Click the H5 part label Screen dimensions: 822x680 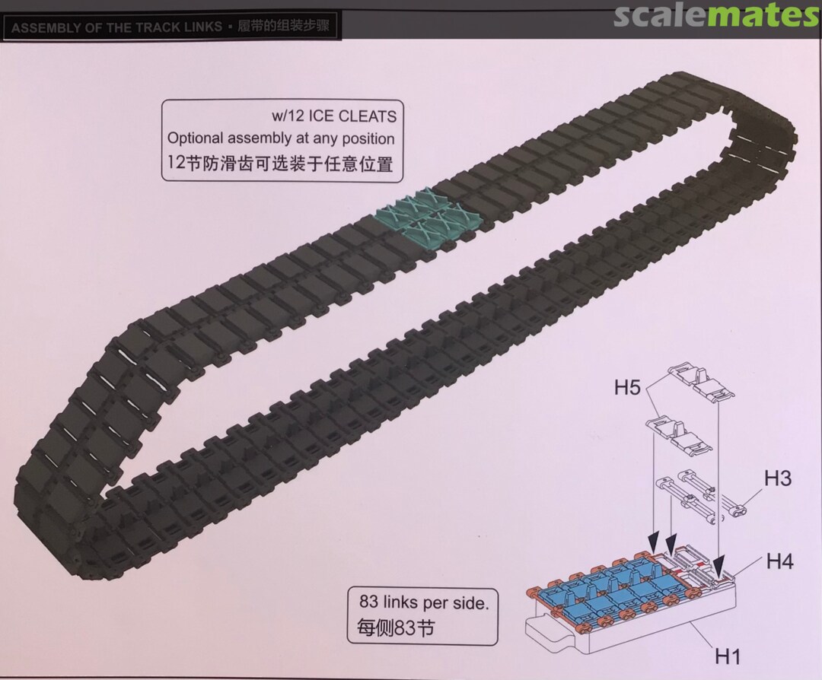(x=627, y=388)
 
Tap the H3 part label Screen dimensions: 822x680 (x=777, y=478)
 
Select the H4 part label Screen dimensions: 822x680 (x=780, y=561)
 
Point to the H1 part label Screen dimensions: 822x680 (x=728, y=656)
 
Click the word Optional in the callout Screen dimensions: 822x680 (x=196, y=139)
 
